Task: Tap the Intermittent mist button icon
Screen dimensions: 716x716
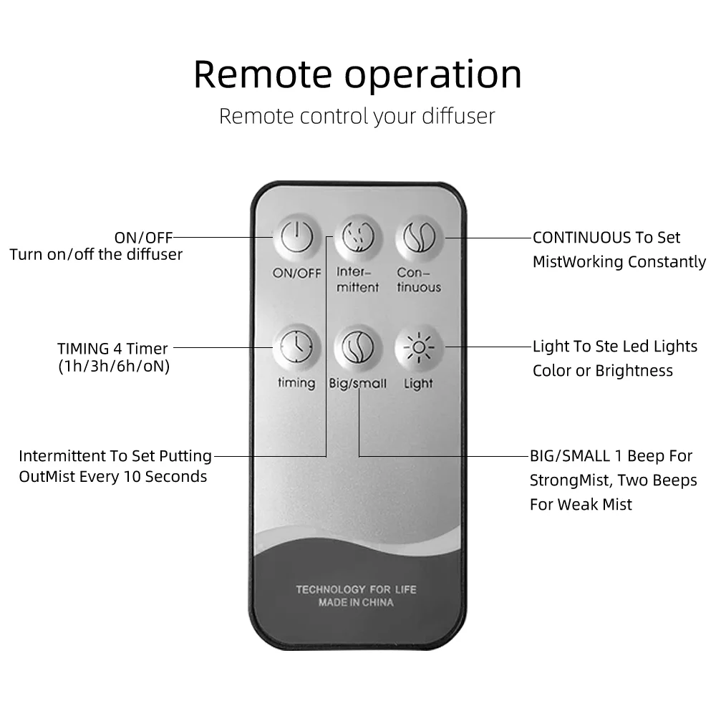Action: (357, 236)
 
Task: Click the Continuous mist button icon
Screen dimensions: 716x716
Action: (419, 236)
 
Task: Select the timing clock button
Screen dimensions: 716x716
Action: (296, 347)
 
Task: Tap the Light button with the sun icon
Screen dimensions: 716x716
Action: (419, 347)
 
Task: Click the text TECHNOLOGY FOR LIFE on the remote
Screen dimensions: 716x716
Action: (356, 589)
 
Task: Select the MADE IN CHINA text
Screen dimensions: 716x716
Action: (356, 603)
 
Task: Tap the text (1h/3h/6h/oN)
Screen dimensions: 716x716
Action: (114, 367)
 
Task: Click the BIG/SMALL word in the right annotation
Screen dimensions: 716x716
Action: (570, 456)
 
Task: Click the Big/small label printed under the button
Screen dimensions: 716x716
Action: (357, 384)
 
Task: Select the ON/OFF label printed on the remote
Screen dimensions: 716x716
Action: (296, 273)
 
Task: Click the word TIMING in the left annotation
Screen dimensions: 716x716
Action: (83, 349)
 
